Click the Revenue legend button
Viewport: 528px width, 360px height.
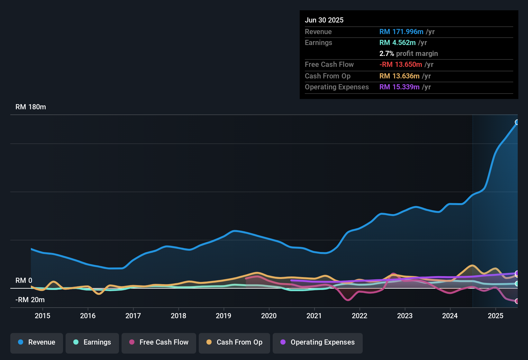[x=37, y=342]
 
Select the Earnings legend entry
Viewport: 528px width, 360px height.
[x=92, y=342]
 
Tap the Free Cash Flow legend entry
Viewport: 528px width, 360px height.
[x=159, y=342]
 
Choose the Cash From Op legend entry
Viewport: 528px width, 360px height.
[x=234, y=342]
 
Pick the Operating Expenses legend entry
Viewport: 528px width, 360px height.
[x=318, y=342]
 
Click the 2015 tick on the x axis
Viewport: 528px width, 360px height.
[x=42, y=316]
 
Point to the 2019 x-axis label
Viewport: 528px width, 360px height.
[x=223, y=316]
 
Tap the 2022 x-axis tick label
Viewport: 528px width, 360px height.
[x=360, y=316]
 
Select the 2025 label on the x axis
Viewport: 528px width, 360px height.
[x=496, y=316]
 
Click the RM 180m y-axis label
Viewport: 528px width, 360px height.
[x=31, y=107]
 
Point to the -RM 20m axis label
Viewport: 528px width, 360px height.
[x=30, y=300]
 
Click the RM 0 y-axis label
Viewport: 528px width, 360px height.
[x=24, y=281]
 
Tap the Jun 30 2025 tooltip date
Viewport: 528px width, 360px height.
[x=324, y=20]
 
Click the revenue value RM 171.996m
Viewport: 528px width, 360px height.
[x=401, y=32]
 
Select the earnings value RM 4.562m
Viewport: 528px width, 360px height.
[x=397, y=42]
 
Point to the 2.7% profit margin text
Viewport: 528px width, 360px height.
[x=408, y=53]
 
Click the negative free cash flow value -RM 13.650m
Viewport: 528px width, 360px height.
[x=401, y=64]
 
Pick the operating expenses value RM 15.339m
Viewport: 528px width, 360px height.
[x=399, y=87]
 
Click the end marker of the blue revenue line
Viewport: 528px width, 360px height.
[x=517, y=122]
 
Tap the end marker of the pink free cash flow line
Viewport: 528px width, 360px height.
[x=517, y=301]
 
